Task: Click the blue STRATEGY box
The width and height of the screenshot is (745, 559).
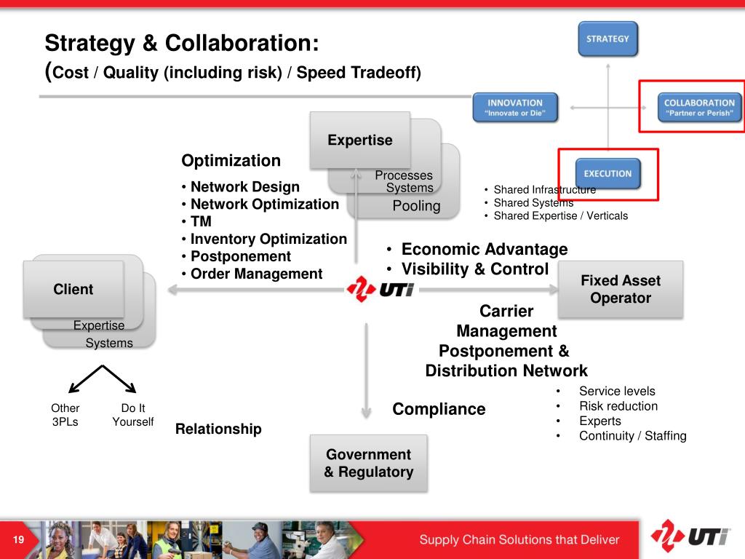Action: [607, 39]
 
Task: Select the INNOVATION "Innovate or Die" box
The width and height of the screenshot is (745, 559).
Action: [514, 108]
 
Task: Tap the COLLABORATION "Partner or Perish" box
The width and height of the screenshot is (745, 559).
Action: [698, 108]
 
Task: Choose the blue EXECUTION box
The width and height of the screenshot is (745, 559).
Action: [607, 174]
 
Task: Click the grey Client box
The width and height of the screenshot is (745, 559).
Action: [73, 290]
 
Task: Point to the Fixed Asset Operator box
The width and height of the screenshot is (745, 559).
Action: [621, 289]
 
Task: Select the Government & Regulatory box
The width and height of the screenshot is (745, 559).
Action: [368, 463]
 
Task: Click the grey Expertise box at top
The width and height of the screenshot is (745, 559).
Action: [359, 140]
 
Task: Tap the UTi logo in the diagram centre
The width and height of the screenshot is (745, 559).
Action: [381, 290]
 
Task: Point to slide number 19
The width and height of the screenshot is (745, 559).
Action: [19, 539]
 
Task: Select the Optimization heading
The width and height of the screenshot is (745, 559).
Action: [231, 161]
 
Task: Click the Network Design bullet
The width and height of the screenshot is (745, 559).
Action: [244, 187]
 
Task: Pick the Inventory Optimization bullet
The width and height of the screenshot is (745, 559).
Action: [268, 239]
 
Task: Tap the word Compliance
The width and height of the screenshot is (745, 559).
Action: [439, 409]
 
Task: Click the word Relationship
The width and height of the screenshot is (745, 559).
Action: [218, 429]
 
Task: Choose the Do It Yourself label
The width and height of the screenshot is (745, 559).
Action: [132, 415]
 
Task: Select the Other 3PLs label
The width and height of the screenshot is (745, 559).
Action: [65, 415]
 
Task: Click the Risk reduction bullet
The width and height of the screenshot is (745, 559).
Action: [618, 406]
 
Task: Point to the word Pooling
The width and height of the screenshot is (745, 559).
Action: [416, 206]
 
